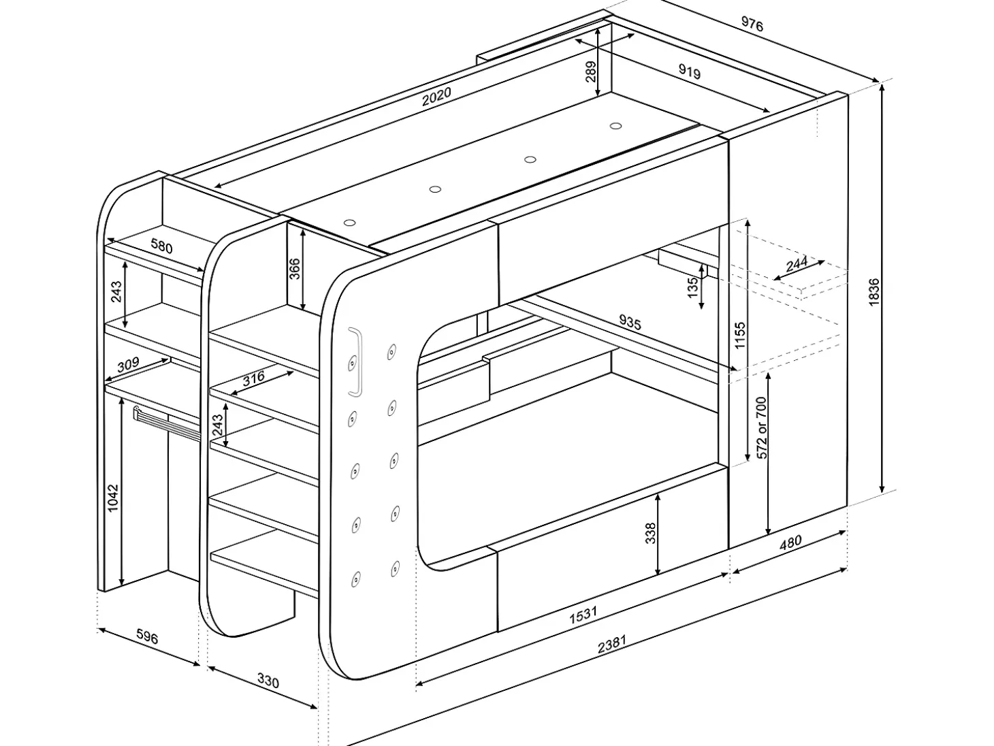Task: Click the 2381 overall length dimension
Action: pyautogui.click(x=612, y=644)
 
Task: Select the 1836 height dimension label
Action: pyautogui.click(x=874, y=292)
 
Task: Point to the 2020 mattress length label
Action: pyautogui.click(x=436, y=96)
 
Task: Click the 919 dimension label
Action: pyautogui.click(x=689, y=71)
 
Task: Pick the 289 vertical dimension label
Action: pyautogui.click(x=591, y=71)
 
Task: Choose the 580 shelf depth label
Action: pyautogui.click(x=161, y=246)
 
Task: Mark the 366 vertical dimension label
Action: pyautogui.click(x=294, y=268)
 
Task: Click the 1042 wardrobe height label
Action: pyautogui.click(x=113, y=498)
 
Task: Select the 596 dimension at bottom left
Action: pyautogui.click(x=147, y=637)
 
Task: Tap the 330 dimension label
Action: pyautogui.click(x=268, y=681)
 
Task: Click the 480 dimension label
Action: pyautogui.click(x=790, y=542)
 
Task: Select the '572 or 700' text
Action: pyautogui.click(x=762, y=427)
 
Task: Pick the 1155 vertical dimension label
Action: pyautogui.click(x=739, y=335)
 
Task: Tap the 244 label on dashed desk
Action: pyautogui.click(x=797, y=263)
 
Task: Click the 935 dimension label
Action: pyautogui.click(x=630, y=323)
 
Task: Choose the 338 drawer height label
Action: pyautogui.click(x=650, y=533)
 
